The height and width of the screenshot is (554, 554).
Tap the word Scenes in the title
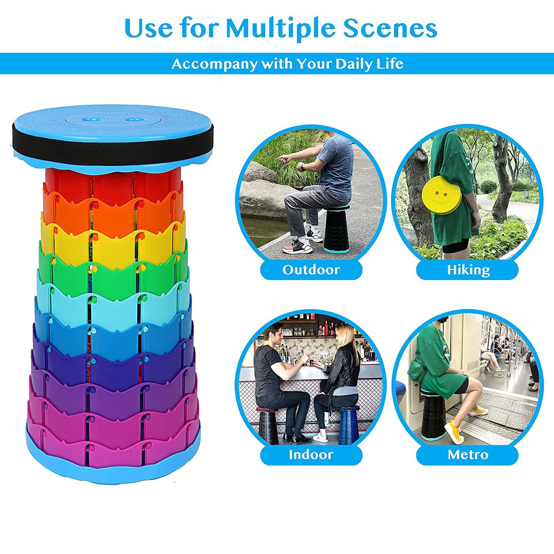(x=390, y=27)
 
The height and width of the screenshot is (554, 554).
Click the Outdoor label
(x=311, y=270)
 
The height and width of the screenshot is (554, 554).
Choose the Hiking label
(x=468, y=270)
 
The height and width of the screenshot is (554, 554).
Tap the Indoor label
(x=311, y=455)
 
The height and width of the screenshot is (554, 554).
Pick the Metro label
(x=468, y=455)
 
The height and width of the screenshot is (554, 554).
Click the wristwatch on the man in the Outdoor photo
(x=302, y=168)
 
